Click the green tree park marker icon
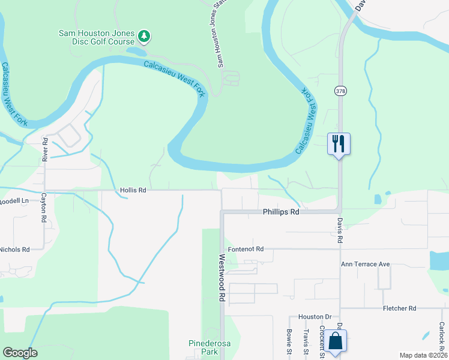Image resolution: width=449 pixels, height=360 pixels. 144,37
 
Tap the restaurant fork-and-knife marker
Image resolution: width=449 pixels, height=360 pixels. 339,144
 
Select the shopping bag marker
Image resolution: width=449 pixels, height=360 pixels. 337,342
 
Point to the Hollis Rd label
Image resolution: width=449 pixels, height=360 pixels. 133,190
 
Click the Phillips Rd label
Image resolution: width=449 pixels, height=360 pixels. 280,212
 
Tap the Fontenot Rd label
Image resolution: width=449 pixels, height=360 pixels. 246,248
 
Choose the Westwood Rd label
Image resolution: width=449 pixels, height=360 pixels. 221,277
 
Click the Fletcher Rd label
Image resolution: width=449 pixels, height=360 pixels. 399,308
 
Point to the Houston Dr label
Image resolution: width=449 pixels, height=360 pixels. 315,316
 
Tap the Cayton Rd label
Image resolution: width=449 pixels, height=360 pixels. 44,208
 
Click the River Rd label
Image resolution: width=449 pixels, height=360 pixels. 44,149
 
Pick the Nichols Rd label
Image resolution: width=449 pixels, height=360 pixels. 14,249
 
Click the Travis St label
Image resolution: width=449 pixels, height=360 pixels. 306,340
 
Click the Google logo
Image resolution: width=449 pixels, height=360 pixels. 20,353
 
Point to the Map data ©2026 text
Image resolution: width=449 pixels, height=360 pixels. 423,355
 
